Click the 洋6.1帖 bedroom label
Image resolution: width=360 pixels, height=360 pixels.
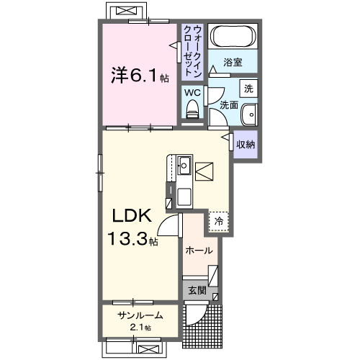point(139,74)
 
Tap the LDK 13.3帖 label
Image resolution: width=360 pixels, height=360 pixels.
point(132,227)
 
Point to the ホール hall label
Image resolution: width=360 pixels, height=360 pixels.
point(198,251)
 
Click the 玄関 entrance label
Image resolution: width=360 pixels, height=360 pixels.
point(197,291)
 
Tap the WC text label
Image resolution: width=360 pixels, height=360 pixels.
point(192,92)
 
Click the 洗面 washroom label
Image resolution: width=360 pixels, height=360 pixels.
point(228,105)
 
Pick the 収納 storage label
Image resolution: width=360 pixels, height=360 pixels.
point(246,144)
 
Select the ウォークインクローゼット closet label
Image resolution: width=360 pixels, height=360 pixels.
point(192,50)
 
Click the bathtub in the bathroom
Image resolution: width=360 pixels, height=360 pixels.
point(232,36)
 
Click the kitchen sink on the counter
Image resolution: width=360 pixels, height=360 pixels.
point(184,164)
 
